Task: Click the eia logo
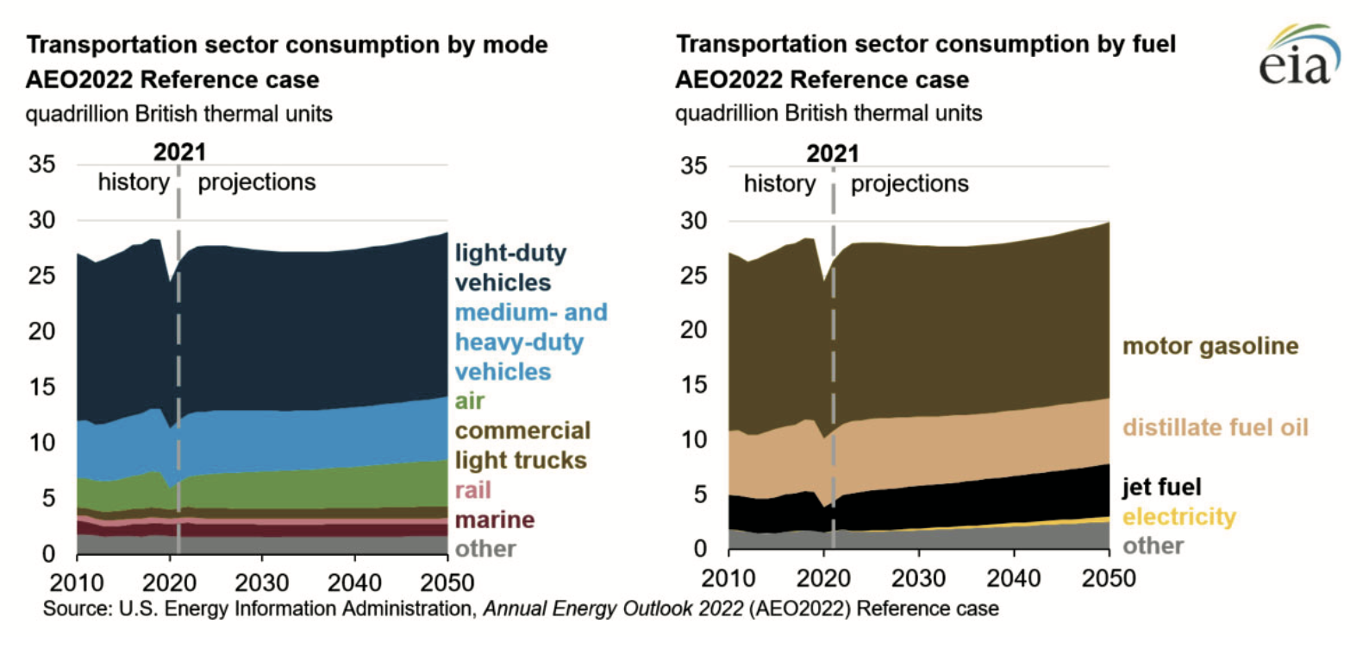[x=1298, y=56]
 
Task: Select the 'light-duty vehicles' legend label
[x=510, y=268]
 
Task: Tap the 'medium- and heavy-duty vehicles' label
[x=530, y=342]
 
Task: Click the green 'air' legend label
[x=470, y=401]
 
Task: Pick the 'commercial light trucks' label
[x=522, y=445]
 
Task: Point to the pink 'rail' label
[x=473, y=490]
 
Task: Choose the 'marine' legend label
[x=495, y=520]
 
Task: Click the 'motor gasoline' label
[x=1210, y=346]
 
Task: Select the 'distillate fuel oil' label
[x=1215, y=427]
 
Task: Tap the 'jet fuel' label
[x=1161, y=487]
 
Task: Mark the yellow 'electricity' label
[x=1178, y=516]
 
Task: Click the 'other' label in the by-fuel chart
[x=1153, y=545]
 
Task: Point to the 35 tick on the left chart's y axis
[x=41, y=164]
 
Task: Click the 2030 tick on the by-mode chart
[x=262, y=582]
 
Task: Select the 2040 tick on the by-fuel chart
[x=1013, y=578]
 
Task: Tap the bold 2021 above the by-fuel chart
[x=832, y=154]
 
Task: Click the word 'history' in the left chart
[x=134, y=182]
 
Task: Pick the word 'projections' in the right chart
[x=910, y=184]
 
